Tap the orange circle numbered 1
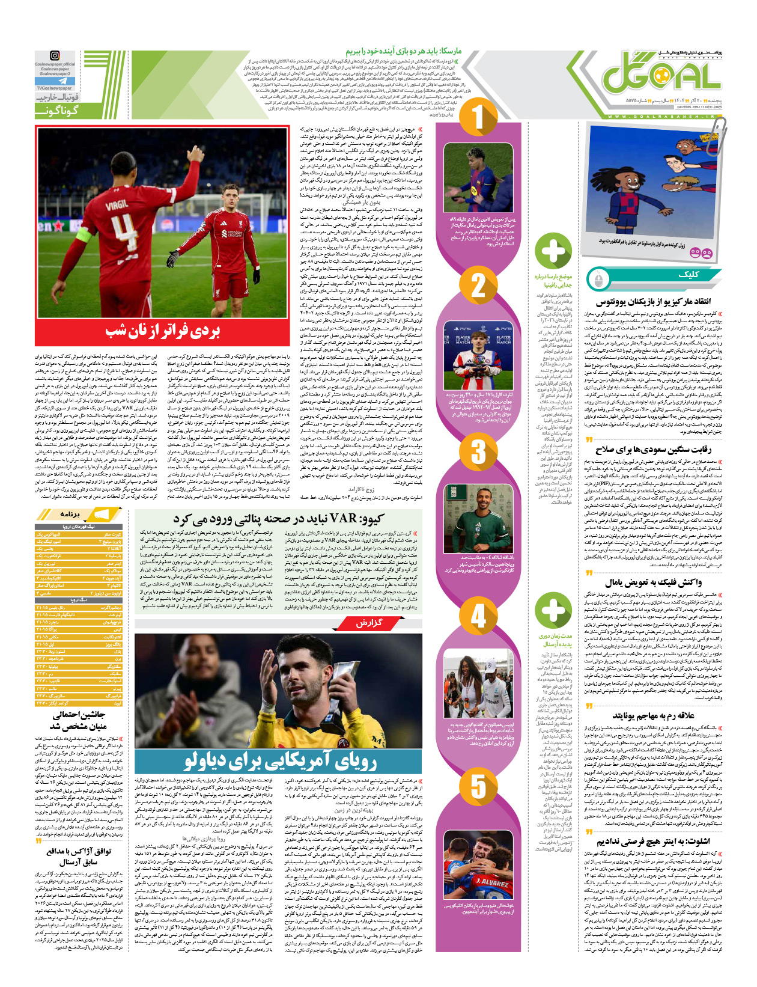pyautogui.click(x=478, y=117)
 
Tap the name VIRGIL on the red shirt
pyautogui.click(x=117, y=204)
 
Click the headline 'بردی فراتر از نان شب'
pyautogui.click(x=163, y=330)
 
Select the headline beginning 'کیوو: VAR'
pyautogui.click(x=278, y=518)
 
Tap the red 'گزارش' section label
pyautogui.click(x=368, y=623)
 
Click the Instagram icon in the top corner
pyautogui.click(x=55, y=56)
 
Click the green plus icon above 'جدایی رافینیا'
pyautogui.click(x=553, y=251)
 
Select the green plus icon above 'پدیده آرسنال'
pyautogui.click(x=553, y=610)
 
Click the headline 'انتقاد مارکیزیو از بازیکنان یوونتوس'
pyautogui.click(x=653, y=302)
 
